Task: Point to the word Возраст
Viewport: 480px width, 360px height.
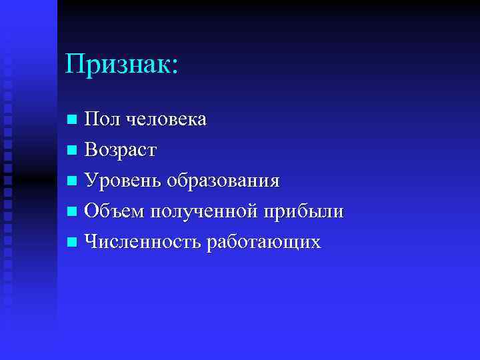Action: tap(120, 151)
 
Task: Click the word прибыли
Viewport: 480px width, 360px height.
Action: tap(304, 212)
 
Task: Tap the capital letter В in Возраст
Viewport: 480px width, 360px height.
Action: tap(91, 151)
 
